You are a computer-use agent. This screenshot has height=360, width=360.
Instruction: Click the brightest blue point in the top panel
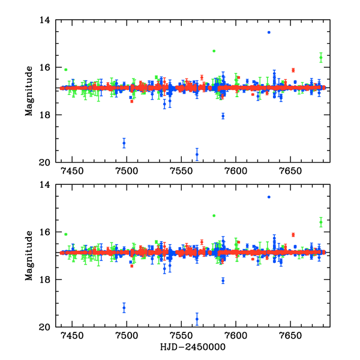tap(269, 32)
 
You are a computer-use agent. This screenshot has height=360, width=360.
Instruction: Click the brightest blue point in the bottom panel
tap(269, 197)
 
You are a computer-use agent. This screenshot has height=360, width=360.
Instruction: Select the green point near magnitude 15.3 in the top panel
tap(214, 51)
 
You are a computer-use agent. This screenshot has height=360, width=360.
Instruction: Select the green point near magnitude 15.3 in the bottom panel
tap(214, 215)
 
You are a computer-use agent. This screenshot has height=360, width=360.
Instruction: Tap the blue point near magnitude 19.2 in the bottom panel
tap(124, 307)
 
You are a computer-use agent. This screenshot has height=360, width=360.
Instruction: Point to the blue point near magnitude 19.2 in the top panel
tap(124, 143)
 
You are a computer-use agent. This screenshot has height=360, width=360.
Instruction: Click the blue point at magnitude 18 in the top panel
tap(223, 116)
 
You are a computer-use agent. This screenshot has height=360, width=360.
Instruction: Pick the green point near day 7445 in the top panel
tap(66, 70)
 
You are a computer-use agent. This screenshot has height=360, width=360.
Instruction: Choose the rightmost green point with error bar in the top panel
tap(321, 58)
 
